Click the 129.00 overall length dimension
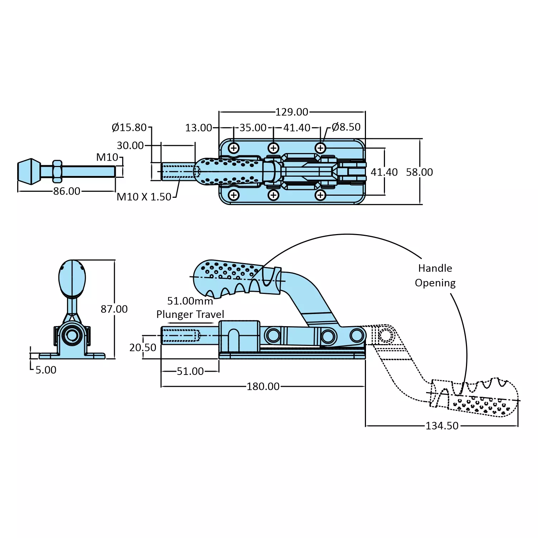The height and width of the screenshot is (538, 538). [292, 112]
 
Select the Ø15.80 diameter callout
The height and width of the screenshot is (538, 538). [129, 127]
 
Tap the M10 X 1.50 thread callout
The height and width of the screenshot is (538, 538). [144, 197]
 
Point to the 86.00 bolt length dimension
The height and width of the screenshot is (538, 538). [67, 191]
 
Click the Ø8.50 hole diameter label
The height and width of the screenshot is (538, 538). [346, 127]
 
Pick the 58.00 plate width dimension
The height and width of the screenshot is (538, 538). [419, 172]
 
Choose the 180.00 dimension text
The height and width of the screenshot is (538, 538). [263, 386]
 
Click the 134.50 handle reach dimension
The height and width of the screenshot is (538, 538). [442, 426]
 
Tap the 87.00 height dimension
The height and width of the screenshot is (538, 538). [114, 309]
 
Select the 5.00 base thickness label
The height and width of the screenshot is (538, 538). [46, 370]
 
